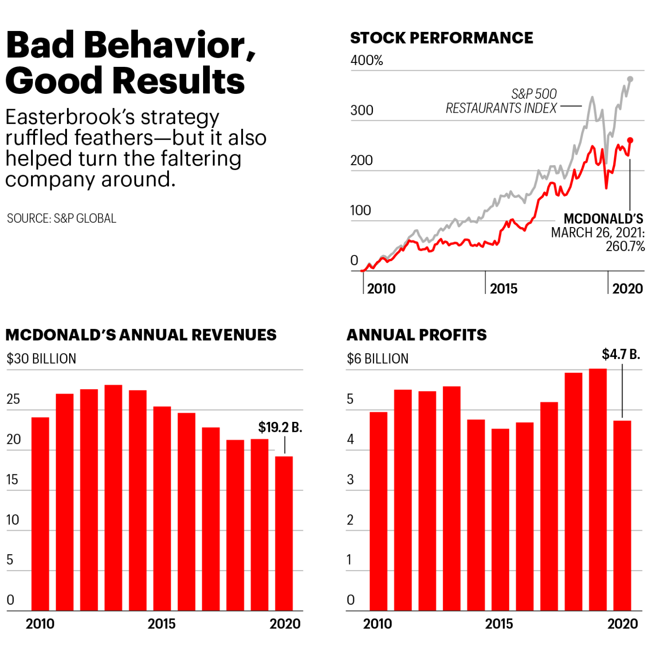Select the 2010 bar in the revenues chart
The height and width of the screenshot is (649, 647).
pyautogui.click(x=40, y=513)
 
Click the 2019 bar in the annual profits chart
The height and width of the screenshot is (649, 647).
pyautogui.click(x=598, y=489)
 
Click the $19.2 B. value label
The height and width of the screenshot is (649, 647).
pyautogui.click(x=280, y=427)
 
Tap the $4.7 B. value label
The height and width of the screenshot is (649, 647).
pyautogui.click(x=621, y=355)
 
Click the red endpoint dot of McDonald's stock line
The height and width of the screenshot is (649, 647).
pyautogui.click(x=630, y=140)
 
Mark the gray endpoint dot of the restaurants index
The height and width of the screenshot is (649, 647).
pyautogui.click(x=630, y=79)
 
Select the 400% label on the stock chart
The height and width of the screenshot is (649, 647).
pyautogui.click(x=367, y=61)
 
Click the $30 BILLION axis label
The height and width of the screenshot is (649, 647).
pyautogui.click(x=41, y=359)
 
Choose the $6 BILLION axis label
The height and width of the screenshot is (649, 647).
pyautogui.click(x=377, y=359)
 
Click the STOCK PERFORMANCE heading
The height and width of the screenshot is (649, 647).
pyautogui.click(x=441, y=38)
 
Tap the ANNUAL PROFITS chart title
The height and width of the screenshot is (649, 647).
pyautogui.click(x=417, y=335)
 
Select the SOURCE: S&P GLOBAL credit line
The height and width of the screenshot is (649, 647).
pyautogui.click(x=62, y=219)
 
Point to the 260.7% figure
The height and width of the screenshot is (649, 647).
pyautogui.click(x=625, y=246)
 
